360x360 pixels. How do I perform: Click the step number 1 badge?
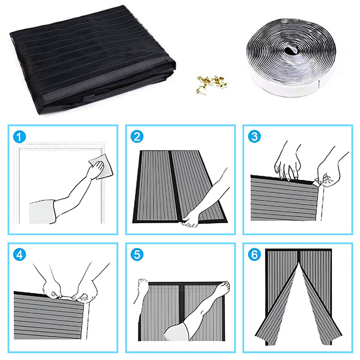pos(19,137)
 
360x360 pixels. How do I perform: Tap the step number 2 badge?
pos(137,137)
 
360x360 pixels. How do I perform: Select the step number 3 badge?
pos(254,136)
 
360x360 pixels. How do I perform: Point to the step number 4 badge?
pos(19,254)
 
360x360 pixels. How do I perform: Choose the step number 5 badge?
pos(137,254)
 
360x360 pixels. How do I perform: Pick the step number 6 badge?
pos(254,254)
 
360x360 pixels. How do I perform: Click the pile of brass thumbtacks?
pos(211,84)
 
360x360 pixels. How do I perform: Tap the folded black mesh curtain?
pos(92,59)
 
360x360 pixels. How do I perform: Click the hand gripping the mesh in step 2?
pos(191,218)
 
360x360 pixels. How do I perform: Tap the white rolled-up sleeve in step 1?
pos(43,212)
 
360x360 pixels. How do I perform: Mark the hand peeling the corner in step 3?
pos(327,176)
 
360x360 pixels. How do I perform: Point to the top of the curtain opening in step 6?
pos(299,263)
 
